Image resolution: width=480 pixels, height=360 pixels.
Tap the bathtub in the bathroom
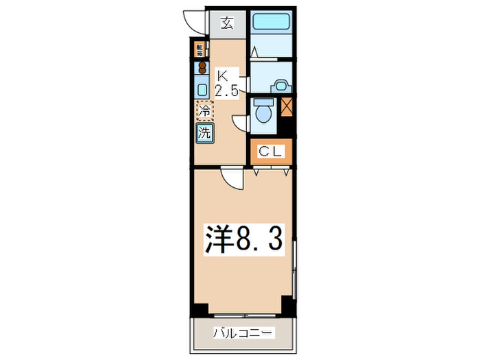(272, 21)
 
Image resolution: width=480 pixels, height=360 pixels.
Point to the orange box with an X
(287, 108)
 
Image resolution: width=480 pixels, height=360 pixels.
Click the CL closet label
(272, 152)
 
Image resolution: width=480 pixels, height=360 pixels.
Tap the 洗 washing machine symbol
(204, 132)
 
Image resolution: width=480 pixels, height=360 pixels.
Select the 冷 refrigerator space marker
(204, 110)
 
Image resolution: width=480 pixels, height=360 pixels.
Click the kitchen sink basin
(203, 88)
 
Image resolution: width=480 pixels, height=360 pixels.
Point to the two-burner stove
(202, 67)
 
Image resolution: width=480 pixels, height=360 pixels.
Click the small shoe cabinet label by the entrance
(200, 50)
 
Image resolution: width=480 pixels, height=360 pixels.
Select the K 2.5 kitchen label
(226, 82)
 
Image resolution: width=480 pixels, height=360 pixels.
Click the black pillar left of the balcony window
(198, 309)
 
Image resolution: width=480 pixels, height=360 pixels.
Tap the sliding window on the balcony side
(244, 315)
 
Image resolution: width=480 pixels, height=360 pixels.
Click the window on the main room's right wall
(295, 267)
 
